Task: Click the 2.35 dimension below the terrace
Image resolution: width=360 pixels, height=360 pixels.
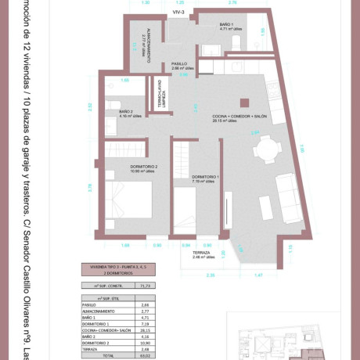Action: tap(210, 275)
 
